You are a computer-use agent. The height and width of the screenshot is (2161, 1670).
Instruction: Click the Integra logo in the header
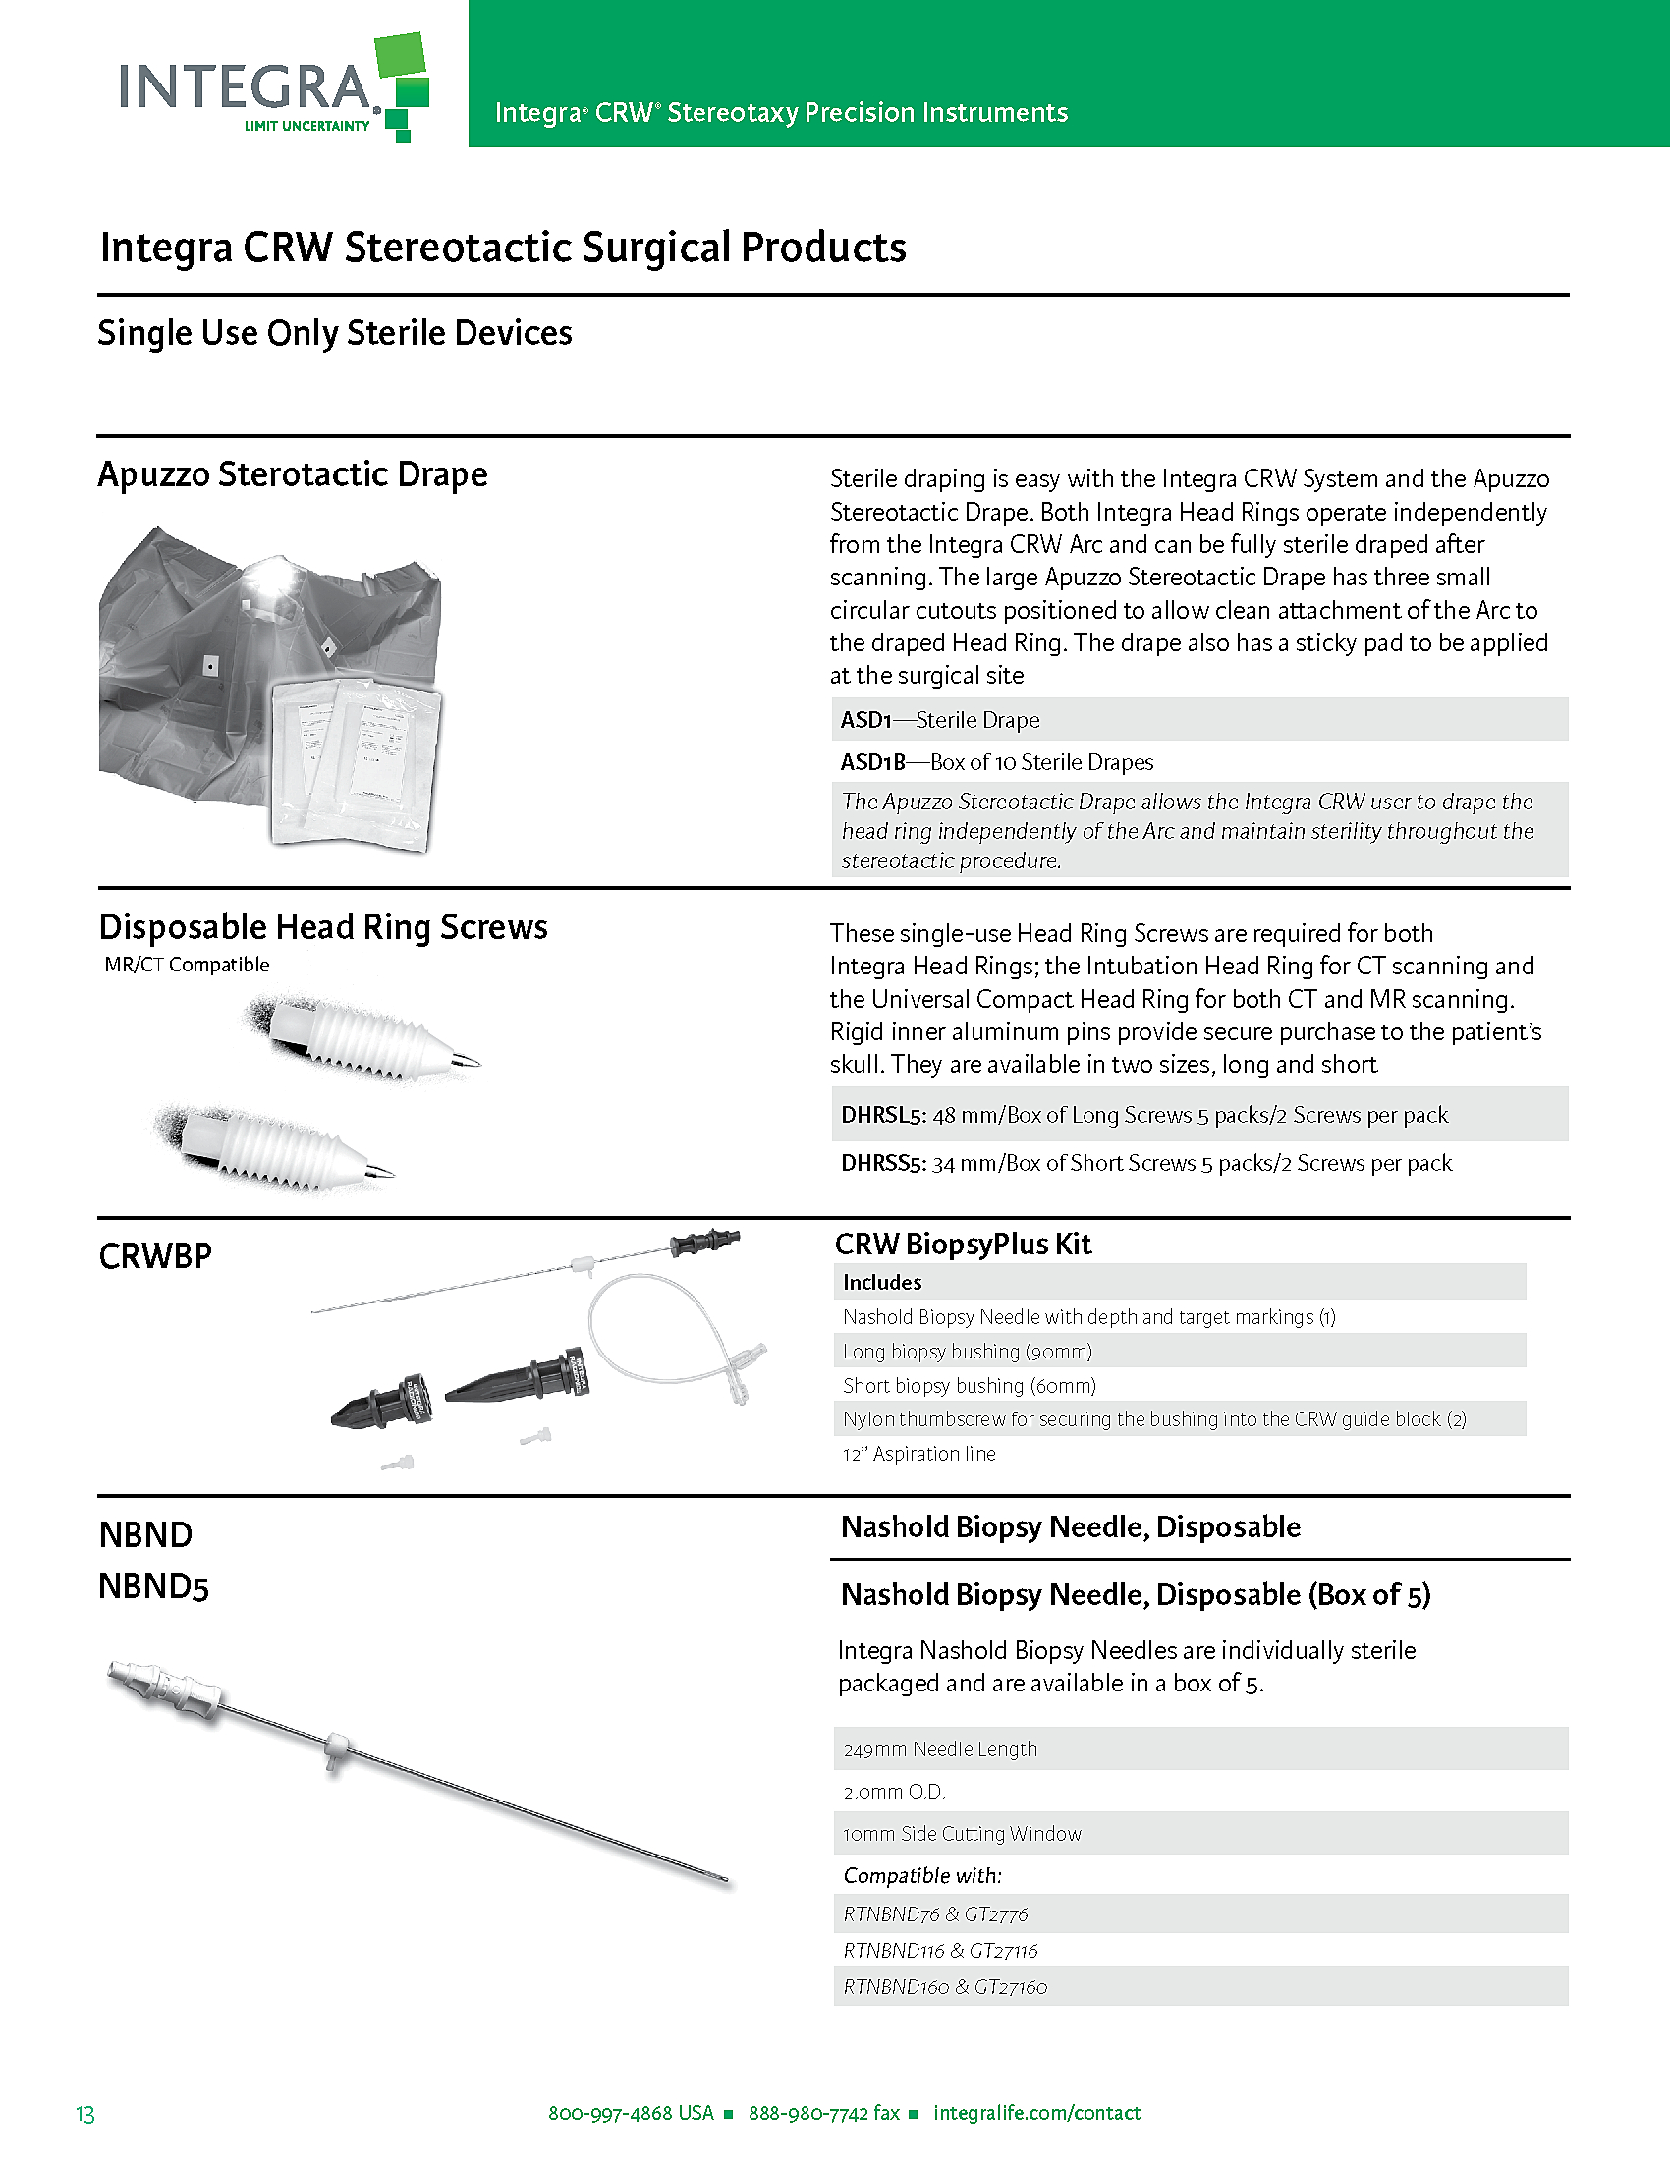[x=272, y=89]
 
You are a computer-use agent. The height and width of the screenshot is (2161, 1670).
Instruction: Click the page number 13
[x=85, y=2114]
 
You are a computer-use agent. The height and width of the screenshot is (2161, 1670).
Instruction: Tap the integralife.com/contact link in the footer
[x=1035, y=2113]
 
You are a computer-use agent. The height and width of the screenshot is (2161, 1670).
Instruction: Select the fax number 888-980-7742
[x=823, y=2113]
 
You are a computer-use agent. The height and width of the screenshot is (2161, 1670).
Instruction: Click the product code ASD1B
[x=872, y=762]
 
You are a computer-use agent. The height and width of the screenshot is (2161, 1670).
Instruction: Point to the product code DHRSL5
[x=882, y=1115]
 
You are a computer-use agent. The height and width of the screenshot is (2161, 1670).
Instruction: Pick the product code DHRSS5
[x=882, y=1163]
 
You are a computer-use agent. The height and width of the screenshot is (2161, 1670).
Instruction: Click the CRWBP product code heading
[x=155, y=1256]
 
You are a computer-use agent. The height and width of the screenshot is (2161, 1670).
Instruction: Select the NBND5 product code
[x=153, y=1586]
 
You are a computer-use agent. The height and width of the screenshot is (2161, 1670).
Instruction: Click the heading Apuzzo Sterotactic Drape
[x=292, y=475]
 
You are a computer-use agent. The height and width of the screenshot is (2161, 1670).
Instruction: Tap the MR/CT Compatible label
[x=187, y=965]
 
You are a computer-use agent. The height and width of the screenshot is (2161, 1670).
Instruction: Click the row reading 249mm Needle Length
[x=940, y=1749]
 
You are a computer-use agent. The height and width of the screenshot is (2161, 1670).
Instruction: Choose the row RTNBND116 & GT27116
[x=940, y=1950]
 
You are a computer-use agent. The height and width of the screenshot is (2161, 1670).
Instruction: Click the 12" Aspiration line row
[x=919, y=1454]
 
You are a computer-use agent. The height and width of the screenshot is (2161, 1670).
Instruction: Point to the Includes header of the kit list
[x=881, y=1282]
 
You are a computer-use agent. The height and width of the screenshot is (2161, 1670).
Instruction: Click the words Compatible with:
[x=922, y=1875]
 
